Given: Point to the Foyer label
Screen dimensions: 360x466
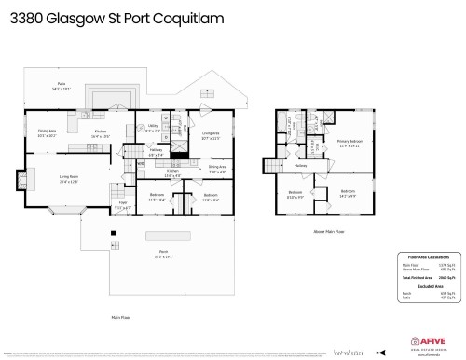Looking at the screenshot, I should (x=122, y=205).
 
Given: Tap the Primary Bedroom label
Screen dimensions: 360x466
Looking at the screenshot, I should (x=350, y=144).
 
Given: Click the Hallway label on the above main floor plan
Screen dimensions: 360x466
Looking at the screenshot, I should (x=301, y=166).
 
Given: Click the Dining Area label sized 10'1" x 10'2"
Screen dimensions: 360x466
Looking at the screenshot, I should (x=48, y=132).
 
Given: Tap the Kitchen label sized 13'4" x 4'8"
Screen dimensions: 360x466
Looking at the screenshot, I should (x=172, y=173).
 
